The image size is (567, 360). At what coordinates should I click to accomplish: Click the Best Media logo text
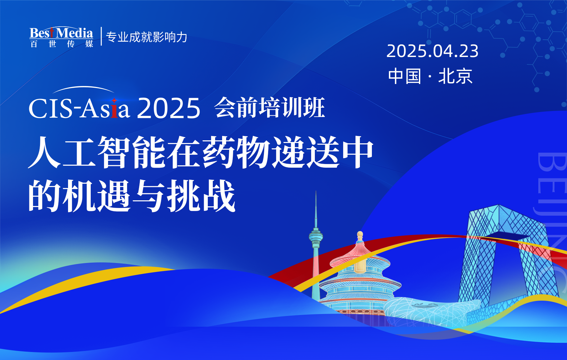61,33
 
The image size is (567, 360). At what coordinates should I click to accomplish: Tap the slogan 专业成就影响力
146,37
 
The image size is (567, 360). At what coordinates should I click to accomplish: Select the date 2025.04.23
432,51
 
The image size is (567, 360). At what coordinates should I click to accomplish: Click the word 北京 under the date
455,76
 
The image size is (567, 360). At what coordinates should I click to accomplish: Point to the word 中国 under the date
405,76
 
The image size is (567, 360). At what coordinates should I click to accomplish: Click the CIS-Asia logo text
79,108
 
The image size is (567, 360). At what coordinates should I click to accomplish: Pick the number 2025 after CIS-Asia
168,108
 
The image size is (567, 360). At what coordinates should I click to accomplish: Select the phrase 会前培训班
269,108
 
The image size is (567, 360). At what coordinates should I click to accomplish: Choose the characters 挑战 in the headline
201,196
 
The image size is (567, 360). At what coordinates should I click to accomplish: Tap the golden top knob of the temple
360,235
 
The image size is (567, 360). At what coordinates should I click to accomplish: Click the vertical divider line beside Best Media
101,36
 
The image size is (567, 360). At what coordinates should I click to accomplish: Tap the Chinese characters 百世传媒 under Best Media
61,44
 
